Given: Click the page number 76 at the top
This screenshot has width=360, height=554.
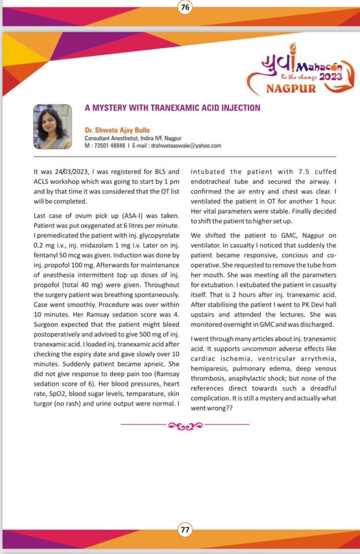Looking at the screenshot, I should [x=185, y=8].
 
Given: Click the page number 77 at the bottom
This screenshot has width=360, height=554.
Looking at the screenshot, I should [x=185, y=530].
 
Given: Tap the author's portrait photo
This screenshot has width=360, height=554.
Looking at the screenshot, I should [x=52, y=127].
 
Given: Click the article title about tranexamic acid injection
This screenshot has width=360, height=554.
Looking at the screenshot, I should [x=172, y=108].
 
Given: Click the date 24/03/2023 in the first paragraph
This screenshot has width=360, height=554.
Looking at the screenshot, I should [x=67, y=172].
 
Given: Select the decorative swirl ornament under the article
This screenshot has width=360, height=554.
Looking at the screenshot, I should [x=184, y=426].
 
